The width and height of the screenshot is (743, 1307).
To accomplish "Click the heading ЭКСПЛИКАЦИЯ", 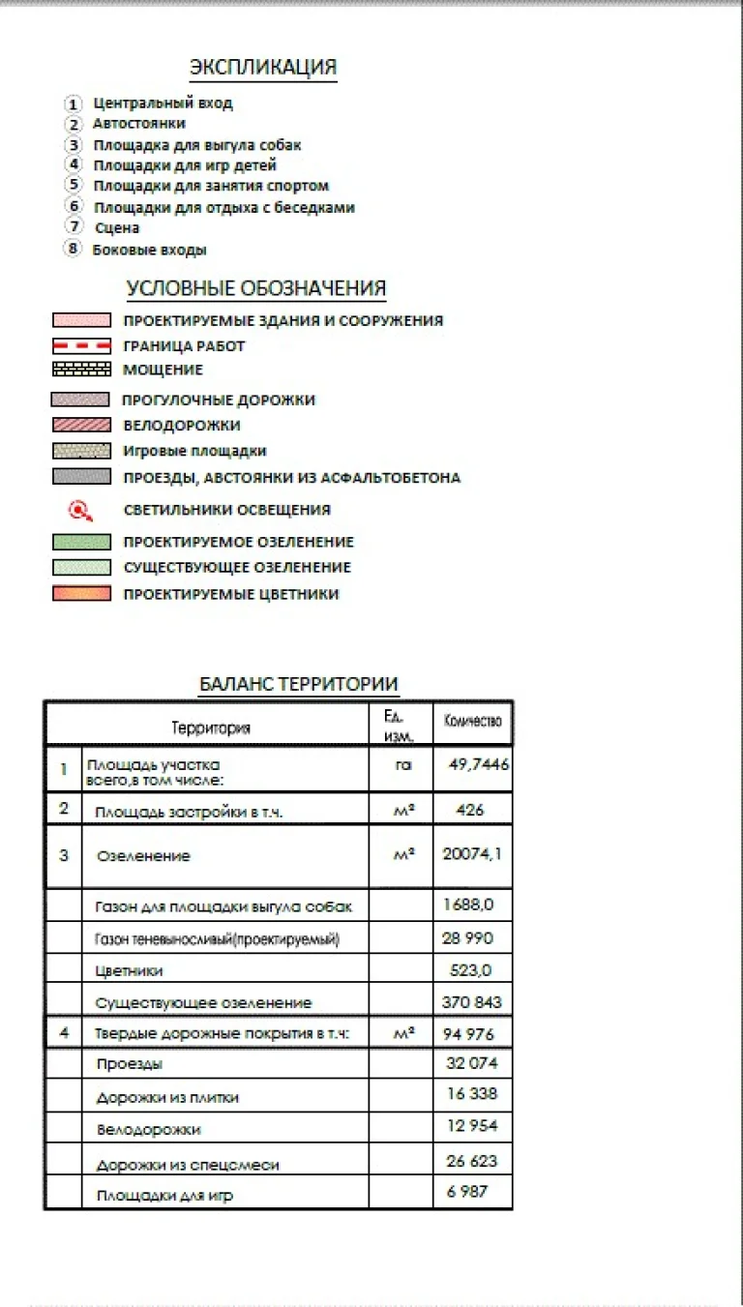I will coord(263,67).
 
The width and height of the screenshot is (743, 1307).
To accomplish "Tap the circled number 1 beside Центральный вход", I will coord(73,104).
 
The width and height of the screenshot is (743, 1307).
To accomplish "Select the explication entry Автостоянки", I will coord(138,124).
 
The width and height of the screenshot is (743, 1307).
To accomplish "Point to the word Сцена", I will coord(117,228).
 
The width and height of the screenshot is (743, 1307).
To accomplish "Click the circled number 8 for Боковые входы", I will coord(73,249).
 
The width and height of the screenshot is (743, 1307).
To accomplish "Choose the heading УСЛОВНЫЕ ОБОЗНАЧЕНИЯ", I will coord(256,288).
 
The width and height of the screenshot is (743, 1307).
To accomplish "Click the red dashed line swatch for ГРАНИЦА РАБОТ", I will coord(81,345).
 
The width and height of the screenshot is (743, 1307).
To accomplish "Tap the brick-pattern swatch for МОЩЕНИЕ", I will coord(81,370).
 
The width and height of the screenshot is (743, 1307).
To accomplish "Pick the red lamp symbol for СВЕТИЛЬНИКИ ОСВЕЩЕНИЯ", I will coord(81,510).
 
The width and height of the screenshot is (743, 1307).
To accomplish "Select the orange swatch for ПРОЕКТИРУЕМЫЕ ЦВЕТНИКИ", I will coord(81,594).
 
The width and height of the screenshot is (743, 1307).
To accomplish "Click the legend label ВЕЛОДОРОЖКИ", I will coord(182,425).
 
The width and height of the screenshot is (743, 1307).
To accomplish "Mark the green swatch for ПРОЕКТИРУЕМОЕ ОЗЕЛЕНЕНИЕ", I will coord(81,542).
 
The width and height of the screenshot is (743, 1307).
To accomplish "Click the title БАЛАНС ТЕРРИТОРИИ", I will coord(298,684).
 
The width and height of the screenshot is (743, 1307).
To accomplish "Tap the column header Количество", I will coord(472,722).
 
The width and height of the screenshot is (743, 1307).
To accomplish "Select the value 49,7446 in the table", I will coord(479,763).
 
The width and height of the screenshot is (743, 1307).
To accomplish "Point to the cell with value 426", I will coord(469,810).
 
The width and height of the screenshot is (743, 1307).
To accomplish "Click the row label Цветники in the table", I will coord(130,970).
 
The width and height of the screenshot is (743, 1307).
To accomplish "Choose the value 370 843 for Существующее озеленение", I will coord(472,1002).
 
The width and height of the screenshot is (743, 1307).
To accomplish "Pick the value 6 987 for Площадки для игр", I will coord(466,1192).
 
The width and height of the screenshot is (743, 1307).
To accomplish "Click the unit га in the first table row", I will coord(402,764).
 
